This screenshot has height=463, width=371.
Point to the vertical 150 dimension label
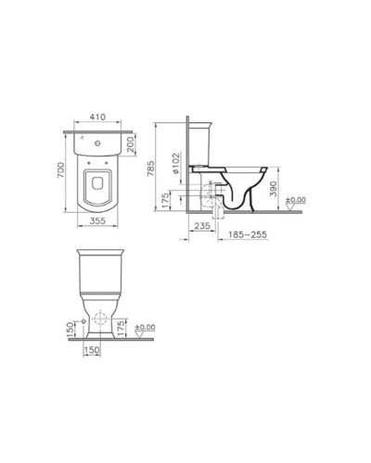click(x=71, y=329)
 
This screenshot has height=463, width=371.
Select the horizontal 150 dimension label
click(x=93, y=351)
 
